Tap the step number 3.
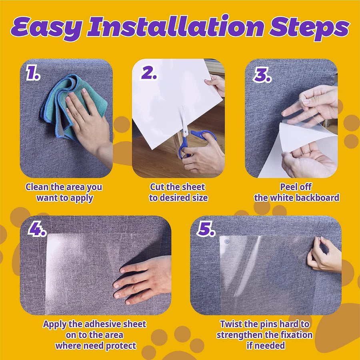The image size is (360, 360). click(x=261, y=74)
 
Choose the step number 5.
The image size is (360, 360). click(x=206, y=230)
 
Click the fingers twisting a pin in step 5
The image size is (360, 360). click(x=320, y=256)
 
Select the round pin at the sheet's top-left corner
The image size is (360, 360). click(x=227, y=242)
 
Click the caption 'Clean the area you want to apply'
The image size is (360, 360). click(x=64, y=192)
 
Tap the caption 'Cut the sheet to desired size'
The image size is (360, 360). click(x=178, y=192)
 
